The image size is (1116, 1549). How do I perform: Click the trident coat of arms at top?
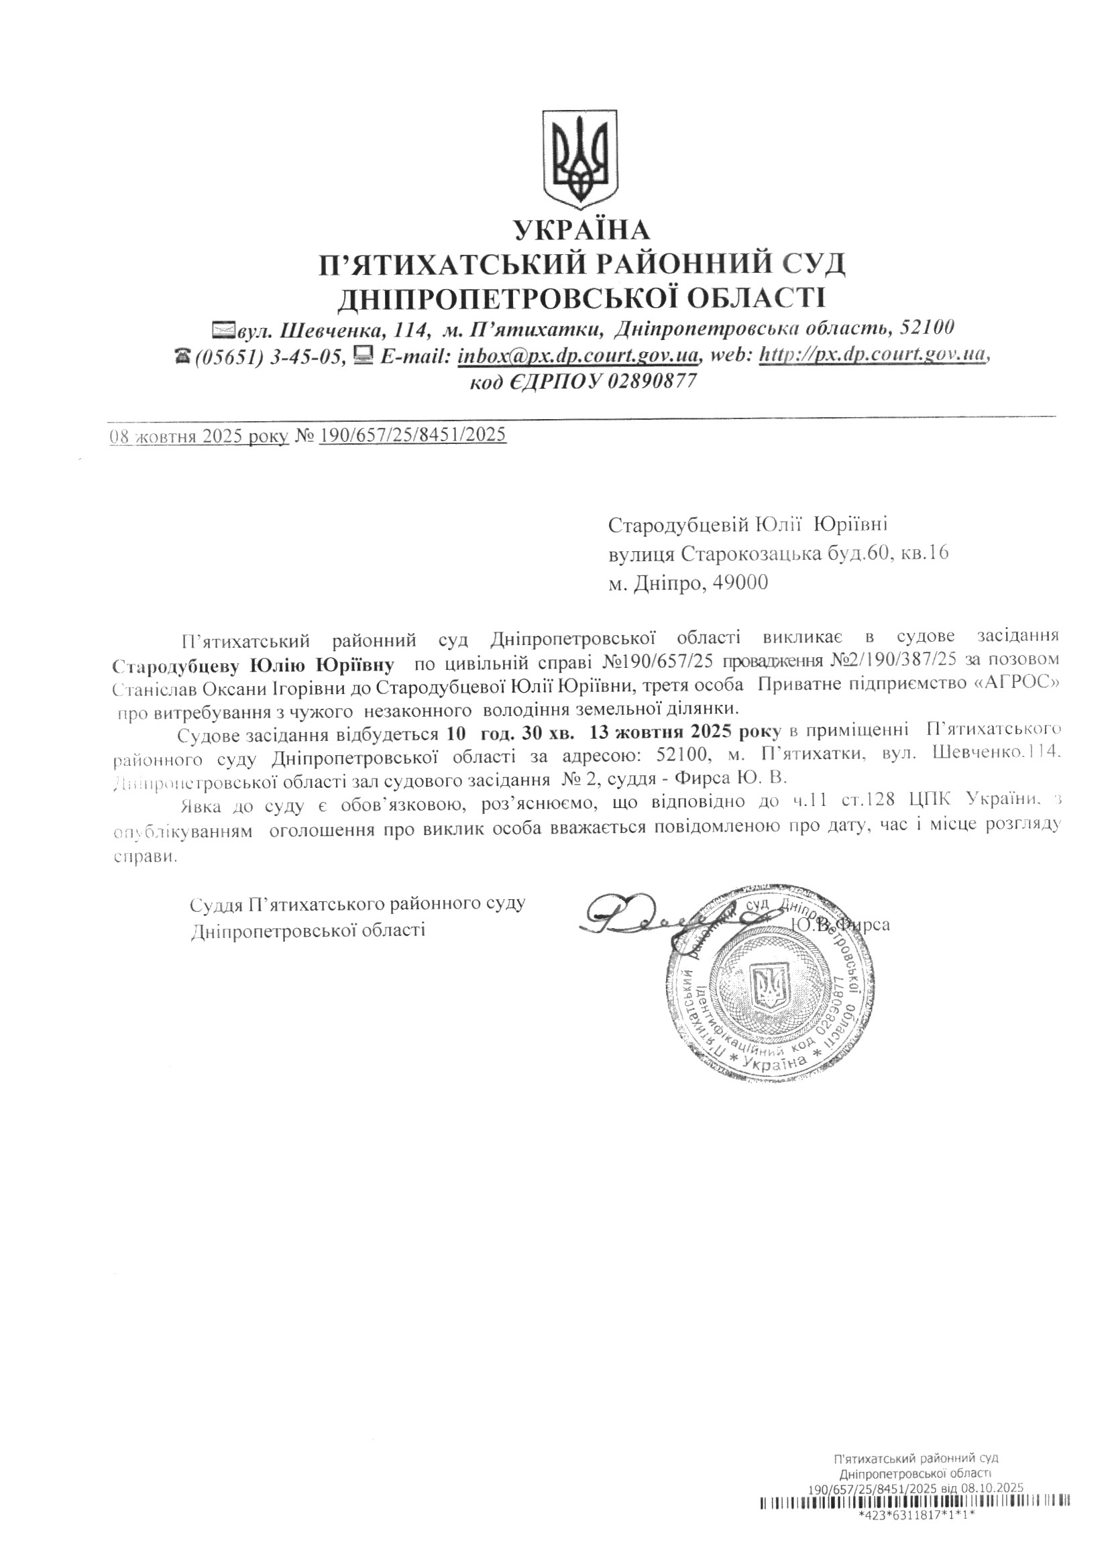pyautogui.click(x=579, y=160)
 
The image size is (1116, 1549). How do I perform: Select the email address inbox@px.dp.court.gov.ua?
pyautogui.click(x=579, y=357)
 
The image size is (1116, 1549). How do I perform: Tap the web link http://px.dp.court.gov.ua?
pyautogui.click(x=875, y=355)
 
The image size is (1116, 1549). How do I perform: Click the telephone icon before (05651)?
pyautogui.click(x=182, y=357)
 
